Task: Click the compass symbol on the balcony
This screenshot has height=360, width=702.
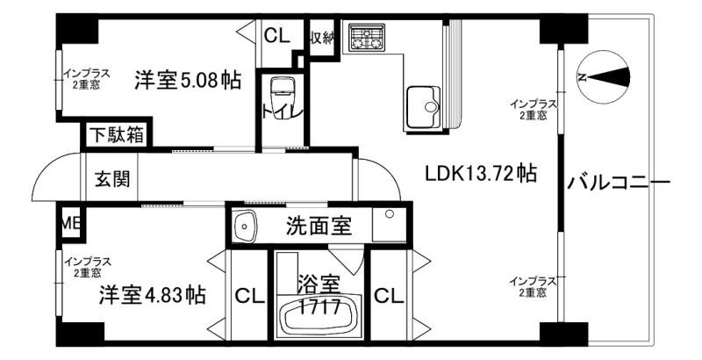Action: click(x=604, y=78)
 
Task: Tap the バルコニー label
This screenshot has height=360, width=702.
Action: click(x=619, y=184)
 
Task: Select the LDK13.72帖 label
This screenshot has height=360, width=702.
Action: click(x=480, y=173)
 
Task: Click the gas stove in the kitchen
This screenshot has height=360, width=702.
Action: click(x=367, y=37)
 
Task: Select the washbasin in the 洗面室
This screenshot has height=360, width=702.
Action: click(x=245, y=227)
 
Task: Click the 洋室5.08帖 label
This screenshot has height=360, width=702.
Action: click(x=188, y=81)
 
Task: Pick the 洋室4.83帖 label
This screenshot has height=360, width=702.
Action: click(x=153, y=295)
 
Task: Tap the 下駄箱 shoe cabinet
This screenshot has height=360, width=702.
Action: click(x=116, y=134)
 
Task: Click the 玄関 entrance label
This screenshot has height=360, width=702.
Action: click(x=113, y=179)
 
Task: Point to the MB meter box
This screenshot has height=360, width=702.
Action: click(x=70, y=223)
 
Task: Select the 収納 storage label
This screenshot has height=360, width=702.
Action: click(x=323, y=39)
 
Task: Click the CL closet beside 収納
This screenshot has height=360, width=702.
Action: click(x=276, y=36)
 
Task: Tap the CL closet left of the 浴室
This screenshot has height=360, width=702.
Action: click(x=250, y=296)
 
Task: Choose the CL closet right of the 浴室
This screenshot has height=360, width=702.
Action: click(x=389, y=296)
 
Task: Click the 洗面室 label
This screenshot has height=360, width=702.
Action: click(x=319, y=227)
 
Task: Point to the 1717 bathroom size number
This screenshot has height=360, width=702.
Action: click(x=320, y=307)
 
